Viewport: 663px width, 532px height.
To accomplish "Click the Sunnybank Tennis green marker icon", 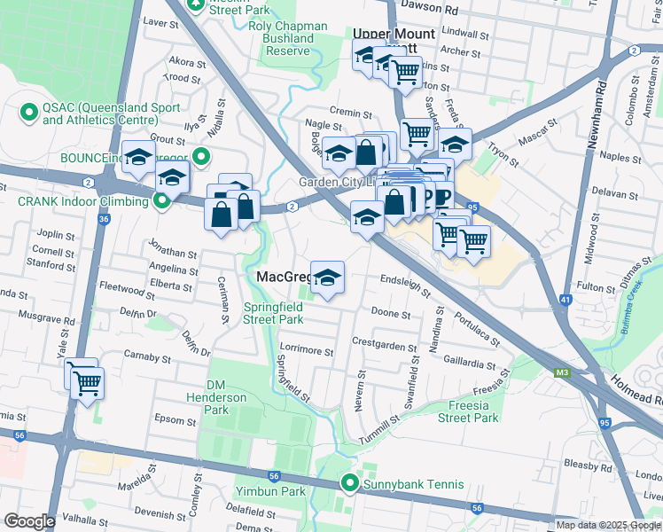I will pos(351,484).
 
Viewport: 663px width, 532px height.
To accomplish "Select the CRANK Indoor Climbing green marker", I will pos(161,202).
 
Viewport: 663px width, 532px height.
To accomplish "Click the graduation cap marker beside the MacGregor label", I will pos(327,277).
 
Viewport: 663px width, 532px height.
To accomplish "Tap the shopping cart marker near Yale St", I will pos(88,384).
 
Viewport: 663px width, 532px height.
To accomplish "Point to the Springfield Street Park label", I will pos(274,313).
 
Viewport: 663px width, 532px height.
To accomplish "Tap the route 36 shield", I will pos(105,219).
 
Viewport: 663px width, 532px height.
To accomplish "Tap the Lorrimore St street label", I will pos(306,351).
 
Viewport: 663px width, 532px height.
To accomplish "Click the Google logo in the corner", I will pos(28,521).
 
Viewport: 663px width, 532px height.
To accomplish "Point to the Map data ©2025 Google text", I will pos(607,525).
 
